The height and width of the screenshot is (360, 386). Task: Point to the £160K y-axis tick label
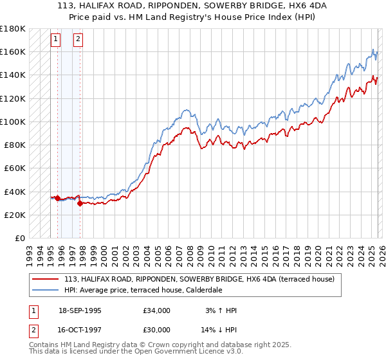[12, 51]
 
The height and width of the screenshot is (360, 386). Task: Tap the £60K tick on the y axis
[14, 168]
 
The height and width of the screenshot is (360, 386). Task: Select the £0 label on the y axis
[19, 238]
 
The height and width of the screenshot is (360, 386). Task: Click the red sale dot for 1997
[80, 203]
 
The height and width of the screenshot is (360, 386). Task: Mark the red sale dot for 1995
[57, 199]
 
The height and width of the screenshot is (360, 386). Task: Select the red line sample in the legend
[46, 280]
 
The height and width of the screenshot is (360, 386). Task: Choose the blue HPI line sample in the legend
[46, 290]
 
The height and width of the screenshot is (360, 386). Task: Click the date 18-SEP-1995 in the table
[80, 310]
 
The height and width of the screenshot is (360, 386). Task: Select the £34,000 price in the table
[157, 310]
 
